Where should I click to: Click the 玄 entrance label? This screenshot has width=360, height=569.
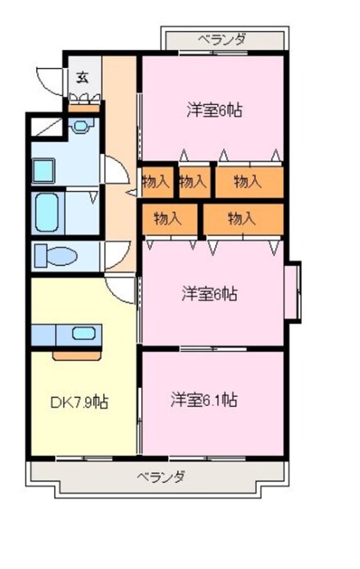(83, 78)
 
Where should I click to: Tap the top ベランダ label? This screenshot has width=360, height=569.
(222, 39)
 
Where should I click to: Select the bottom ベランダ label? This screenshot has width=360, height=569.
(162, 476)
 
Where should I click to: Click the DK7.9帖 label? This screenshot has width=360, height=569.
(79, 402)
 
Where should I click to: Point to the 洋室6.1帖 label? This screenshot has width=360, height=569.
(204, 399)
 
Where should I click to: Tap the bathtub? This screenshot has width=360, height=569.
(47, 213)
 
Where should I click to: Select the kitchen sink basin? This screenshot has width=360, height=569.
(84, 333)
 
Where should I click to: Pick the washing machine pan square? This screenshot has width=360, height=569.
(44, 171)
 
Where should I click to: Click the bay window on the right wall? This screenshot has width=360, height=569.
(293, 292)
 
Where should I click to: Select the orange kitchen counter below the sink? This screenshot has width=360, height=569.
(76, 356)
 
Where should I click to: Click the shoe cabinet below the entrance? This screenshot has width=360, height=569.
(84, 108)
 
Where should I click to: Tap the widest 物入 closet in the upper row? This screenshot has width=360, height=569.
(249, 182)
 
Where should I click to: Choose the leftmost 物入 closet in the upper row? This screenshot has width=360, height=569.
(157, 182)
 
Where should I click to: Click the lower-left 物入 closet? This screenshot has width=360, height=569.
(170, 219)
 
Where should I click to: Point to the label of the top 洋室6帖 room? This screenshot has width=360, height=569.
(215, 110)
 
